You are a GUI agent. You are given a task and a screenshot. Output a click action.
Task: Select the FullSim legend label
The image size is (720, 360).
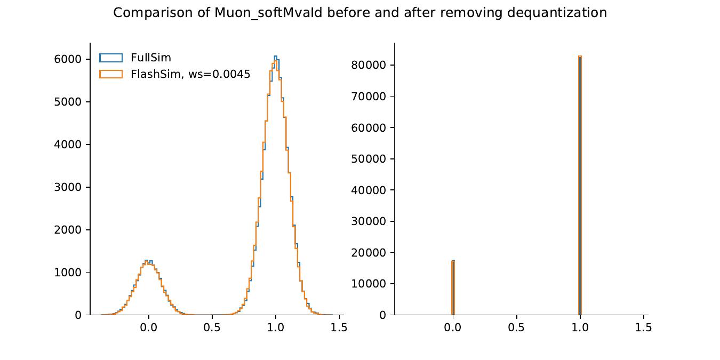(x=151, y=58)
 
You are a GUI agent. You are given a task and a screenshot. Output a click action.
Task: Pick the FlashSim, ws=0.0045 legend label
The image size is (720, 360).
(x=190, y=74)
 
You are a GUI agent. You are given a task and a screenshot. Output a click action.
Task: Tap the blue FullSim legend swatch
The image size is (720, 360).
(x=111, y=58)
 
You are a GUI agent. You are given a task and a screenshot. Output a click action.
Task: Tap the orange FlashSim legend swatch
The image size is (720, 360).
(x=111, y=74)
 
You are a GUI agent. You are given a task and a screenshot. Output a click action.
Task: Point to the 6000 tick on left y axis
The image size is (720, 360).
(x=68, y=59)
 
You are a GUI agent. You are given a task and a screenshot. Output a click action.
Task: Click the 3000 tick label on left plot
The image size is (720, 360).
(x=68, y=187)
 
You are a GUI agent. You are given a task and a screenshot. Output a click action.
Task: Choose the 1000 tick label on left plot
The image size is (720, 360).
(x=68, y=273)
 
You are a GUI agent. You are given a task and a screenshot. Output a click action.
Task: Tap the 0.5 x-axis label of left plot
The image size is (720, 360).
(x=212, y=327)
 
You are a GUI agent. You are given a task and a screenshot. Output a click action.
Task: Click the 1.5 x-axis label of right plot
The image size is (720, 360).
(x=643, y=327)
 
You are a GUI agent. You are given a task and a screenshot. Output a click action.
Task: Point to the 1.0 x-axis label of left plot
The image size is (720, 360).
(x=275, y=327)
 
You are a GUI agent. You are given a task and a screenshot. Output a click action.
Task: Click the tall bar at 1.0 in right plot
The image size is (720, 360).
(x=579, y=187)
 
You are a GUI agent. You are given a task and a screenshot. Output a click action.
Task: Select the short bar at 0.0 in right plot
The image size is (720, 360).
(x=453, y=288)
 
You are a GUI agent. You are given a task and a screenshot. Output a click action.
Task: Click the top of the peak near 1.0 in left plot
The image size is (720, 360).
(x=275, y=57)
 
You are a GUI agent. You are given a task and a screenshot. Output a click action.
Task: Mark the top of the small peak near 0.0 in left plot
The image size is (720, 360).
(x=148, y=261)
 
